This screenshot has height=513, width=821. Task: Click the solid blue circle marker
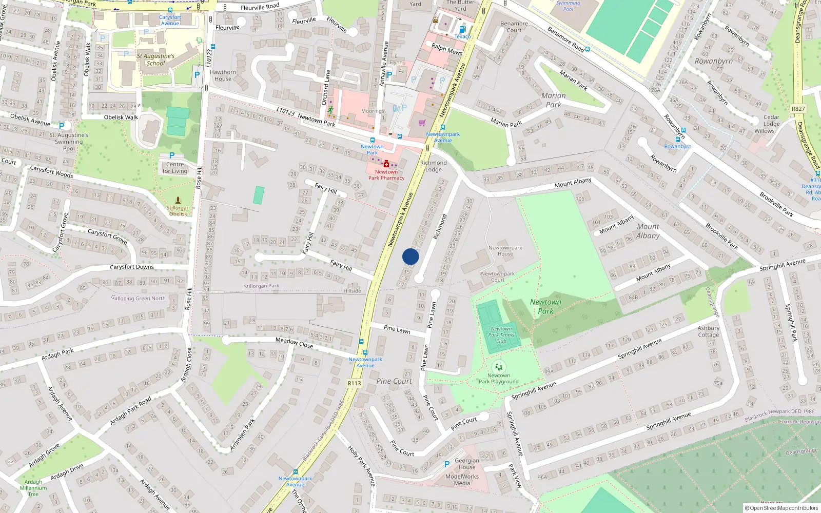[411, 256]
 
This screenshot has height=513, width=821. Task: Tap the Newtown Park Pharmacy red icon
[386, 164]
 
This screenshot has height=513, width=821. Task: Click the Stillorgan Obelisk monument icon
[178, 200]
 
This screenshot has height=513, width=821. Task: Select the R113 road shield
[354, 383]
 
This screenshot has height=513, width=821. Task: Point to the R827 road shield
[798, 109]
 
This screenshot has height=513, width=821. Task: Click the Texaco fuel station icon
[462, 30]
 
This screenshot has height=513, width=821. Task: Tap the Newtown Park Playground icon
[498, 367]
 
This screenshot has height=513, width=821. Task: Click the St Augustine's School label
[155, 60]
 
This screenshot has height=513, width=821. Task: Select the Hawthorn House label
[223, 75]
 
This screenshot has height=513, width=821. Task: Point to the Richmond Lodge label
[433, 166]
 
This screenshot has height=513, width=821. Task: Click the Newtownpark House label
[505, 250]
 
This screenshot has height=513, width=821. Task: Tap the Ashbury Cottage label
[708, 331]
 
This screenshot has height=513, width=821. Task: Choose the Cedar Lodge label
[771, 121]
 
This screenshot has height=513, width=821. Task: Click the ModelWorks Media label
[462, 480]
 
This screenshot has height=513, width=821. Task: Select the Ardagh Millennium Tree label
[33, 488]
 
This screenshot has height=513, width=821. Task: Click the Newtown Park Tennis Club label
[501, 335]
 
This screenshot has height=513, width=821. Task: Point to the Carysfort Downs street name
[131, 267]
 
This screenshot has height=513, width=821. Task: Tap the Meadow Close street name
[294, 342]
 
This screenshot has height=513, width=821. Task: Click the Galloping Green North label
[139, 298]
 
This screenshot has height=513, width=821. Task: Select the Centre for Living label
[175, 168]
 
